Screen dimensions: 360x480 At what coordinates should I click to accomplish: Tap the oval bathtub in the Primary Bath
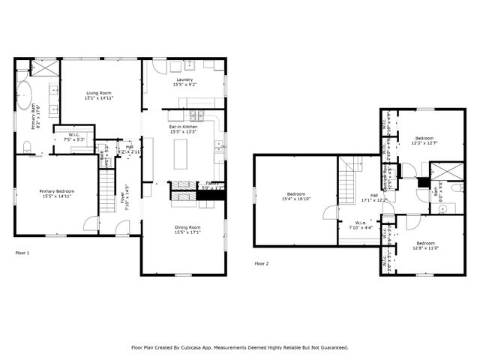25,97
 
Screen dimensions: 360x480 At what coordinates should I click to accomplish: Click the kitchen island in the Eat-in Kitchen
181,155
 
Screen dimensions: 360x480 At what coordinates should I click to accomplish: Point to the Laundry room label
184,79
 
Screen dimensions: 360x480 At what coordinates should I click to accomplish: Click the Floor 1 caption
22,253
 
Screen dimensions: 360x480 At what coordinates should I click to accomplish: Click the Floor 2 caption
261,263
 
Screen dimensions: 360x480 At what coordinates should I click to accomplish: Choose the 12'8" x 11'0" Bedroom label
425,247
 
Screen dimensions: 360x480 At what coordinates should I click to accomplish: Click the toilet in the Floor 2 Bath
442,208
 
